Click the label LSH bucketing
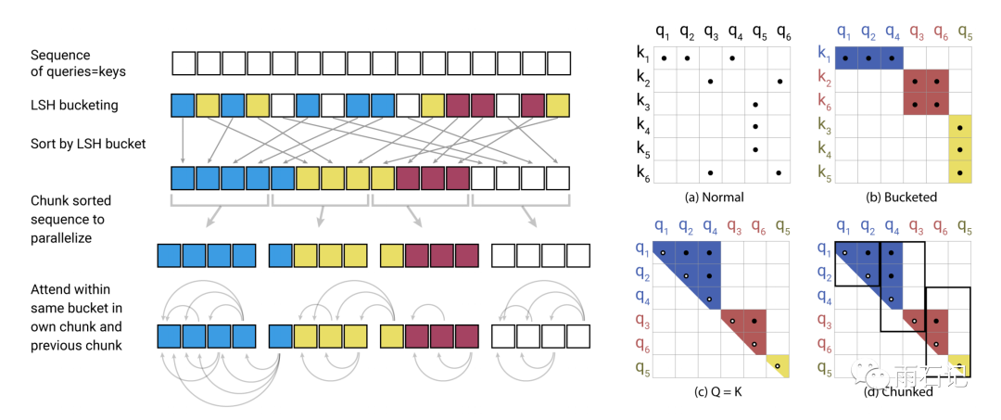74,105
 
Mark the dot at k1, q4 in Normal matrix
733,58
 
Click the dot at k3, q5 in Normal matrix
755,104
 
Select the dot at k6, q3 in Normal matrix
710,172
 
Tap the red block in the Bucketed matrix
926,93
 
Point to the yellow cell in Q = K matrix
779,367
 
